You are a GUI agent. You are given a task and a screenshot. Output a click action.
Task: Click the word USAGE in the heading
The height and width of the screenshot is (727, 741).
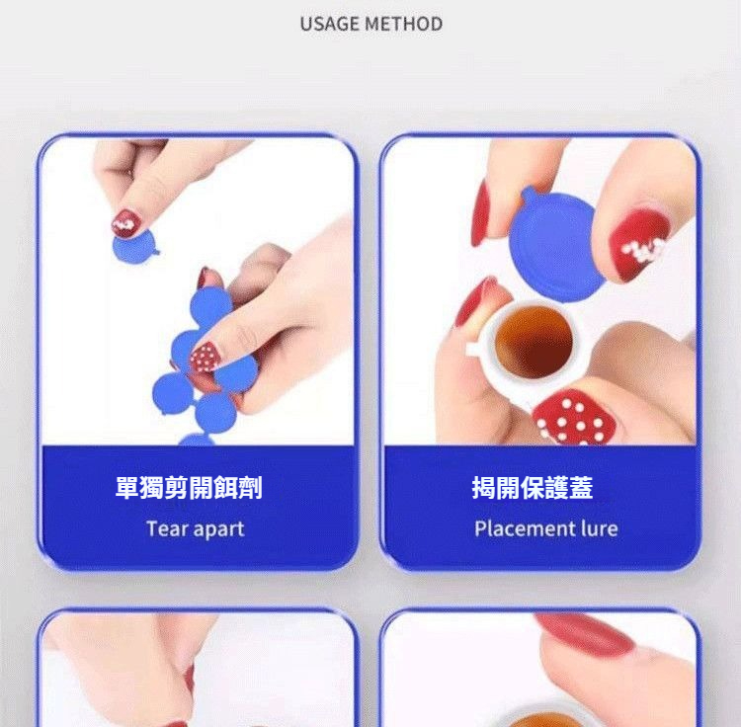pos(330,24)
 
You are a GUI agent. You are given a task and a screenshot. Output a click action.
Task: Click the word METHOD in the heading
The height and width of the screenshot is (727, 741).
pos(404,24)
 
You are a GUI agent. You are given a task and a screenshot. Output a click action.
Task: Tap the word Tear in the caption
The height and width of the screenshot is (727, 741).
pos(167,528)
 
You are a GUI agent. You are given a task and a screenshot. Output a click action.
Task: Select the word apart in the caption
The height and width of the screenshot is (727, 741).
pos(218,529)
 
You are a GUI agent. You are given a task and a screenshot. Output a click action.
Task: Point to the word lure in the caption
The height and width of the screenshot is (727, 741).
pos(600,528)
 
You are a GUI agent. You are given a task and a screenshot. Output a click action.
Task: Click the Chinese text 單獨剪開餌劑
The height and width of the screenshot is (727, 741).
pos(189,488)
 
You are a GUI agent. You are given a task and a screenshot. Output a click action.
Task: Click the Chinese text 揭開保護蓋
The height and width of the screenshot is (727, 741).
pos(533,488)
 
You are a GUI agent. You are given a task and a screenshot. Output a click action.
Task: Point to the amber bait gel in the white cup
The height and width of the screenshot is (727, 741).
pos(534,341)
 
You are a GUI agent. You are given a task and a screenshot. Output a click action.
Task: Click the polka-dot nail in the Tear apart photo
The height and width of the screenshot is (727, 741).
pos(205,358)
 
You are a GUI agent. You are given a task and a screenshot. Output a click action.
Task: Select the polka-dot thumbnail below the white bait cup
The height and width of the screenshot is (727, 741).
pos(573,418)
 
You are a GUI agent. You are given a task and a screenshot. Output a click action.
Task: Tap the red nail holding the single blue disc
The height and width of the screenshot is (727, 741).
pos(125,223)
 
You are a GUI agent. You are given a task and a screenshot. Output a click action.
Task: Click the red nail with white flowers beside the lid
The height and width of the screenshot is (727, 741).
pos(638,246)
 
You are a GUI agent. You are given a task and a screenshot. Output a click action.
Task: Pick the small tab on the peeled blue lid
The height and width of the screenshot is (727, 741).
pos(529,194)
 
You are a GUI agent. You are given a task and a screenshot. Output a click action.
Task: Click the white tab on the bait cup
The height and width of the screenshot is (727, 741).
pos(472,350)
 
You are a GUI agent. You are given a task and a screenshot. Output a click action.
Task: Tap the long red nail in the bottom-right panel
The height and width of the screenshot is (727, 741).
pos(585,632)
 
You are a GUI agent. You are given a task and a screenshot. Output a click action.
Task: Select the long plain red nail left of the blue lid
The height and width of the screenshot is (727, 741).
pos(481,215)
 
